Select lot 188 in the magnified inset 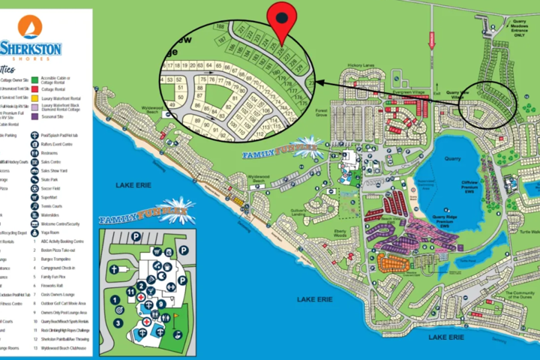220,27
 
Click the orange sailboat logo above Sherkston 30,26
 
